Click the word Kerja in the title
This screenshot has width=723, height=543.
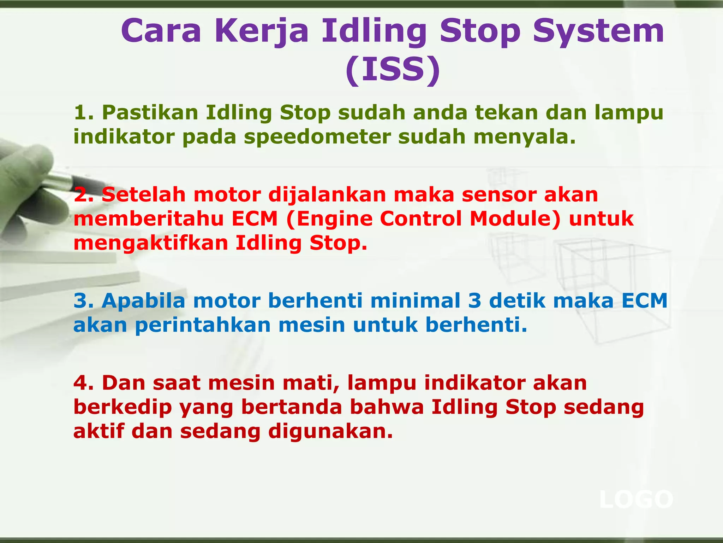click(261, 31)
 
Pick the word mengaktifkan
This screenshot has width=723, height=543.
click(150, 244)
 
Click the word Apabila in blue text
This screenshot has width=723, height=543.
click(143, 301)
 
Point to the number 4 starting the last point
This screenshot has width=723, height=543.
click(81, 383)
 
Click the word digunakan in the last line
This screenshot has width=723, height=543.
click(330, 432)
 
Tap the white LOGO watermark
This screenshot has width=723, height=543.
click(636, 500)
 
